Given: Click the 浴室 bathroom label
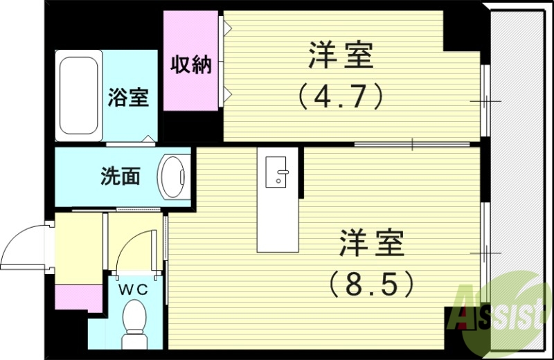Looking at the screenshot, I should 127,97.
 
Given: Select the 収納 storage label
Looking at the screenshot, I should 191,65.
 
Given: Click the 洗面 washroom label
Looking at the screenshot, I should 120,177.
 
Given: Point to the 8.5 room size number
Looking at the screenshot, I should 373,282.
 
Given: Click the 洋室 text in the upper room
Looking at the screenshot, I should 341,56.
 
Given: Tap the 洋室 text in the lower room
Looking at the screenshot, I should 371,244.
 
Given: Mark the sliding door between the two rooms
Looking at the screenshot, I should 413,144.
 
